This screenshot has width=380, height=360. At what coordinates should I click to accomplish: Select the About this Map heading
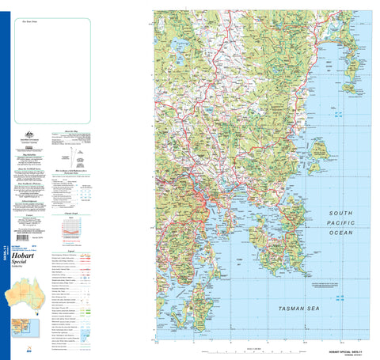(70, 131)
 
